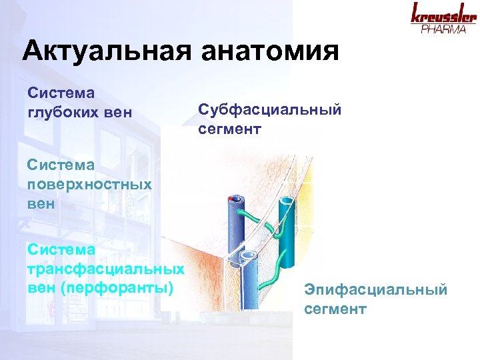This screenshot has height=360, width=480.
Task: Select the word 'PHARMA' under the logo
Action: point(443,30)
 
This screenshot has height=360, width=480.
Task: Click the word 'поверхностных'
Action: point(89,184)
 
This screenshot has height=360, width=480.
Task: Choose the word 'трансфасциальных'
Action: point(106,269)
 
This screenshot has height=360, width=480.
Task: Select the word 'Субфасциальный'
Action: point(269,110)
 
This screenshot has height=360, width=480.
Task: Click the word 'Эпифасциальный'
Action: point(376,289)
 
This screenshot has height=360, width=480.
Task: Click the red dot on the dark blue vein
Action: point(229,199)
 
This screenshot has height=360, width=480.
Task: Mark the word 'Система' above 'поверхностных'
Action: point(61,163)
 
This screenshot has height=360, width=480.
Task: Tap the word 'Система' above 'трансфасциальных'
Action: point(61,249)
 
